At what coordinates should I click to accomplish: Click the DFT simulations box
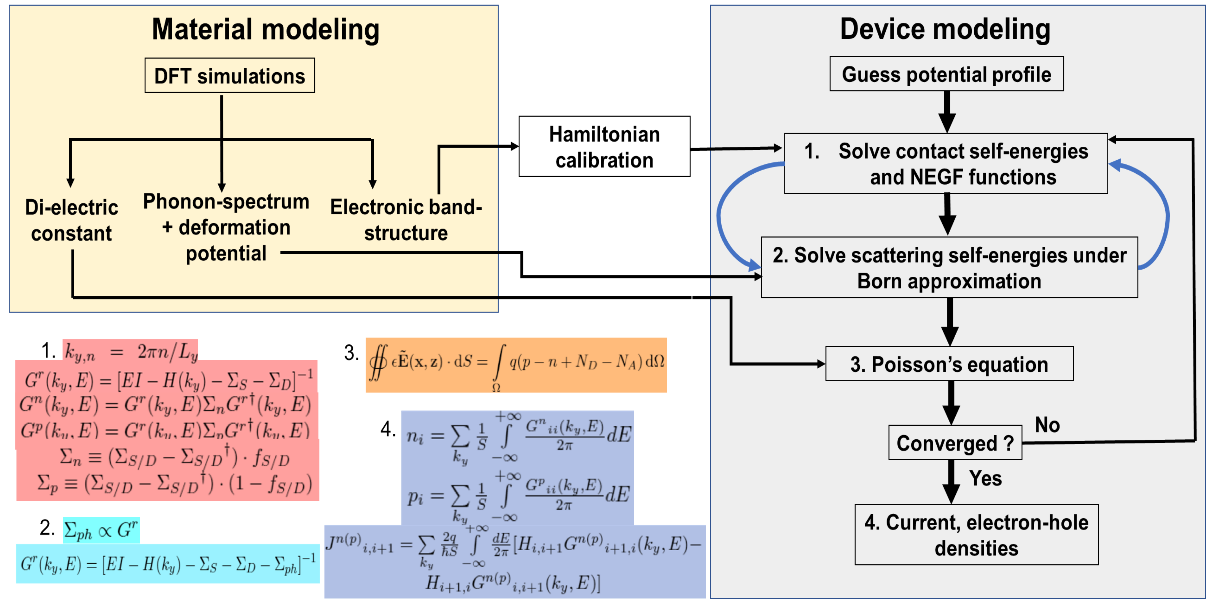pos(229,75)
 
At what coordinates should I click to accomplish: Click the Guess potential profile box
pos(946,74)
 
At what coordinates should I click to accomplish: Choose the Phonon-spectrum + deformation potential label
pos(226,227)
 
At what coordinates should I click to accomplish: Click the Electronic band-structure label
pos(406,220)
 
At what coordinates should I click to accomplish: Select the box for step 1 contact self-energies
pos(946,163)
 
